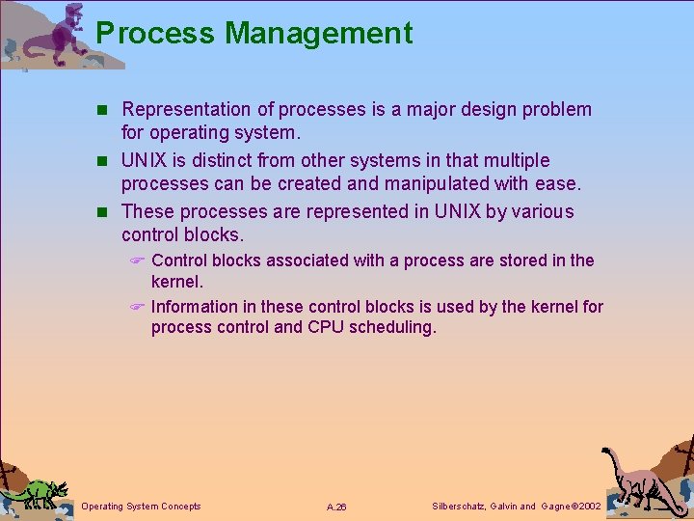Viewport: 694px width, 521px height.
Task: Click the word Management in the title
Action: click(318, 33)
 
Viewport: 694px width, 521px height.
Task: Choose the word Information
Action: click(194, 307)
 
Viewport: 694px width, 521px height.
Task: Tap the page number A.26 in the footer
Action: click(336, 507)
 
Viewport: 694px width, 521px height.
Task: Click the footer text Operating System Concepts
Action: click(142, 507)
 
